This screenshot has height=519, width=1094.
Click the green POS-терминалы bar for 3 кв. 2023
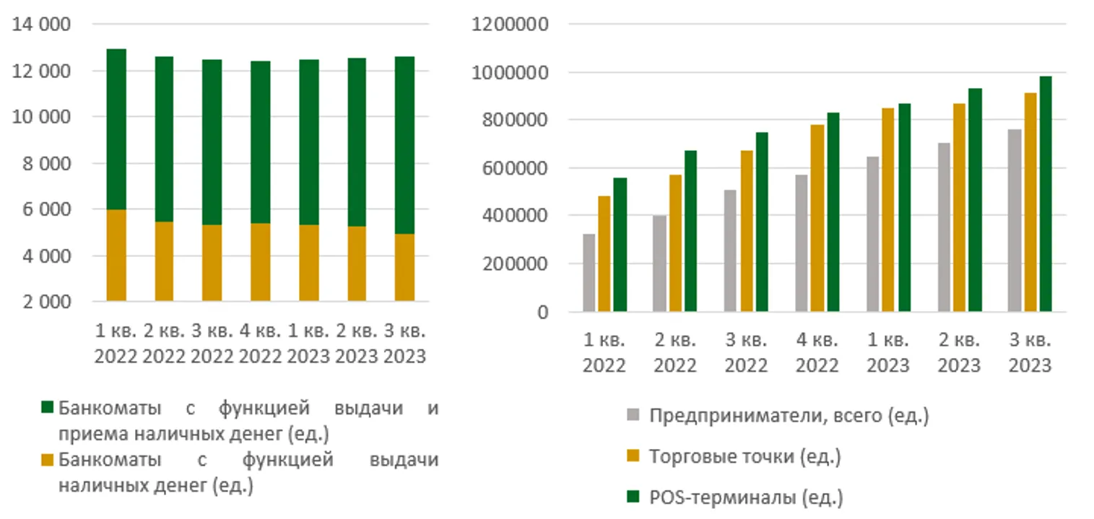pos(1046,194)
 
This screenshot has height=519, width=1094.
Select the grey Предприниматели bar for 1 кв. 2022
pos(589,273)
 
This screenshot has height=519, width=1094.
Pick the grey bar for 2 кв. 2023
pos(944,227)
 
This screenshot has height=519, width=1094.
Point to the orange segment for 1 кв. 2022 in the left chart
pos(116,256)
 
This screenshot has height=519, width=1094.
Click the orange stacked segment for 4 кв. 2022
pos(261,262)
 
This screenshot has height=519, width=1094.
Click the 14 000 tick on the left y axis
pos(40,25)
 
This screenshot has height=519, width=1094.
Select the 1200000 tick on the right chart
pos(510,25)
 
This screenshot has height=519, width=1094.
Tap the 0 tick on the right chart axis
pos(542,312)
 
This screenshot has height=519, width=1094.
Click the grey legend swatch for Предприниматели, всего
pos(633,416)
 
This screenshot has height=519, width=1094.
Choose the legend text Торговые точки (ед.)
pos(744,457)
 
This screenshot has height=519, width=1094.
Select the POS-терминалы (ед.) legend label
pos(746,497)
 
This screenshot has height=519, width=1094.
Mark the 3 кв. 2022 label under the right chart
pos(746,352)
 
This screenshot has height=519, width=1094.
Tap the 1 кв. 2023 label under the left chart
pos(308,344)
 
